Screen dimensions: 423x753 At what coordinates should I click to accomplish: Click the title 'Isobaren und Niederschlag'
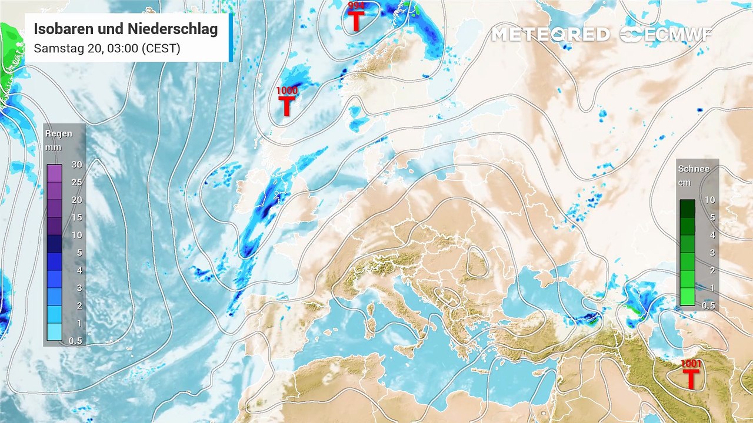[x=125, y=29]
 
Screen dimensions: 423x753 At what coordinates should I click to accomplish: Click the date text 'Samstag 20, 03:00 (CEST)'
[x=106, y=48]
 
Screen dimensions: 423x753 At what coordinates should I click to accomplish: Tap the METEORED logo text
[x=550, y=35]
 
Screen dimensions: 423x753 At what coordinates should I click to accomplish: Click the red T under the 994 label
[x=356, y=21]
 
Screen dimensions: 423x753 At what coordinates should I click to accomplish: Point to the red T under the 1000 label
[x=286, y=106]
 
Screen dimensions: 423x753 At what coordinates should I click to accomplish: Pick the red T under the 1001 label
[x=691, y=379]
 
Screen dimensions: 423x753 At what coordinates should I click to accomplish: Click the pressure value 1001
[x=691, y=364]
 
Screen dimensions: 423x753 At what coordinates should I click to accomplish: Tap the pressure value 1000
[x=287, y=90]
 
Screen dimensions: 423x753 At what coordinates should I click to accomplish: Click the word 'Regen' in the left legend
[x=59, y=133]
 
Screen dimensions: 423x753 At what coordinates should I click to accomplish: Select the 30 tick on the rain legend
[x=76, y=164]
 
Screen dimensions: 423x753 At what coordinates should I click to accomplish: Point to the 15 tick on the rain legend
[x=76, y=217]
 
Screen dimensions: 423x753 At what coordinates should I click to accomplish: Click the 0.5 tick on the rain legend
[x=75, y=341]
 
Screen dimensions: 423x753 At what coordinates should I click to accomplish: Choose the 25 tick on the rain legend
[x=76, y=182]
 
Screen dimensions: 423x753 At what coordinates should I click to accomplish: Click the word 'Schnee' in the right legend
[x=694, y=169]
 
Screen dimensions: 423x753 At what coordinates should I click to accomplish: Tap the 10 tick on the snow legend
[x=709, y=200]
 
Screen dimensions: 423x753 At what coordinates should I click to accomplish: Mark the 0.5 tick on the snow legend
[x=709, y=305]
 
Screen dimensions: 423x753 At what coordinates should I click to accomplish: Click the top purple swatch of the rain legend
[x=55, y=173]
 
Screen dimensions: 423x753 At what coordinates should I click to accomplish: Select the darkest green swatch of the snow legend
[x=687, y=209]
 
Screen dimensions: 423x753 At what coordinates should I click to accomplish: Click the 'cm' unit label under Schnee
[x=684, y=183]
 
